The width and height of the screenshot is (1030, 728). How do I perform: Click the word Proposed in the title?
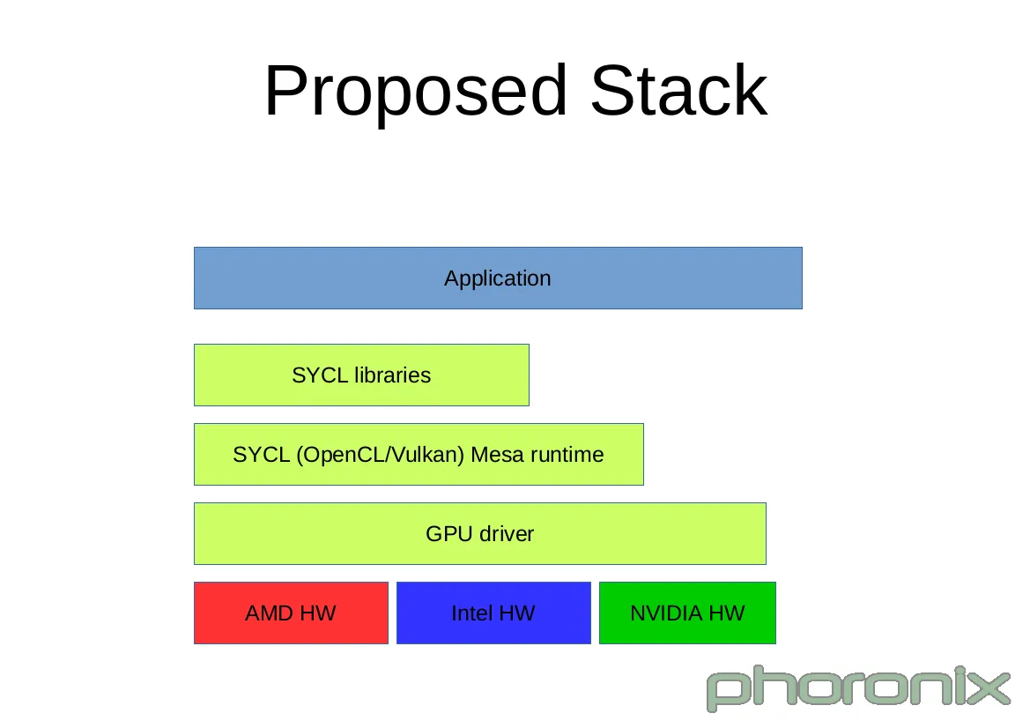pyautogui.click(x=416, y=92)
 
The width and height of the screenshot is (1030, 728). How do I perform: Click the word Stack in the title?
pyautogui.click(x=679, y=91)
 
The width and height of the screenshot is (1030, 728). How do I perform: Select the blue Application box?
pyautogui.click(x=498, y=278)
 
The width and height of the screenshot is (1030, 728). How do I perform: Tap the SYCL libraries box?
pyautogui.click(x=361, y=375)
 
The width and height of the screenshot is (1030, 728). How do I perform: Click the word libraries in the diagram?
pyautogui.click(x=393, y=375)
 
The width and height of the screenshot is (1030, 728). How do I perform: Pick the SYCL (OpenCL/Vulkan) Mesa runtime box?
pyautogui.click(x=419, y=455)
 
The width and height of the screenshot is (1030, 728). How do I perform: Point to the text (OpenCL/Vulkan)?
pyautogui.click(x=381, y=455)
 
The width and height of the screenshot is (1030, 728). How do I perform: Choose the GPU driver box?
pyautogui.click(x=479, y=533)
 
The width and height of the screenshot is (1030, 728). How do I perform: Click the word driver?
pyautogui.click(x=507, y=533)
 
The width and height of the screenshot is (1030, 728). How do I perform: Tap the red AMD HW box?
pyautogui.click(x=291, y=613)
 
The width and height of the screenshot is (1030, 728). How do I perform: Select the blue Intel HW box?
pyautogui.click(x=493, y=613)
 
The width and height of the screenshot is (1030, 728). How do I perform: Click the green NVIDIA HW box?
pyautogui.click(x=687, y=613)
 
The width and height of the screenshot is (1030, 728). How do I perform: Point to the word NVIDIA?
pyautogui.click(x=666, y=613)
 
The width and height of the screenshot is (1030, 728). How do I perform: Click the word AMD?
pyautogui.click(x=270, y=613)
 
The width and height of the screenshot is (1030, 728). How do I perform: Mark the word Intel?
pyautogui.click(x=472, y=613)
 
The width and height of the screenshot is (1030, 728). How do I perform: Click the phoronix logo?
pyautogui.click(x=858, y=688)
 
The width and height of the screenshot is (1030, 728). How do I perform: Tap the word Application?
pyautogui.click(x=498, y=279)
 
